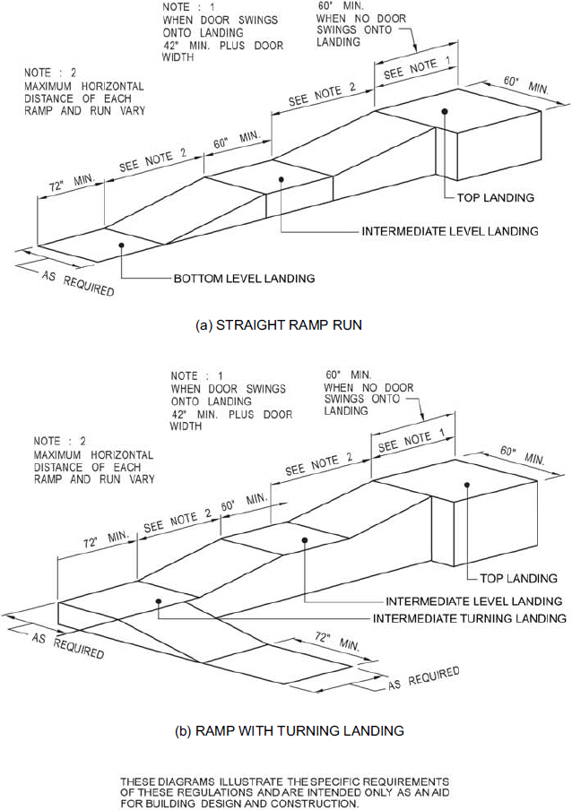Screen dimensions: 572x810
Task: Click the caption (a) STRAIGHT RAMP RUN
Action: [279, 325]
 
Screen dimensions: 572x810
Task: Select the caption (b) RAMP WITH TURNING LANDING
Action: [290, 731]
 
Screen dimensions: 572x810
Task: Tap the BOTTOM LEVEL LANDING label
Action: [244, 279]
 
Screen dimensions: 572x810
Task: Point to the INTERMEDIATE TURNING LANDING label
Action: [470, 618]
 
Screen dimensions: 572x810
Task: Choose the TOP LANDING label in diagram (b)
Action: [519, 578]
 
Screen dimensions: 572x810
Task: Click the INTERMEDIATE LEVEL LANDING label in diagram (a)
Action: [450, 231]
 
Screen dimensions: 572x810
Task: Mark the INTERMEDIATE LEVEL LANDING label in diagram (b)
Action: [473, 601]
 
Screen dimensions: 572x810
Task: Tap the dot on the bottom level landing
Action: [120, 246]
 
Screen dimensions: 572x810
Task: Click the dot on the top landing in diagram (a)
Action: [445, 111]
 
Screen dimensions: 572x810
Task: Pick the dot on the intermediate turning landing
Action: [159, 601]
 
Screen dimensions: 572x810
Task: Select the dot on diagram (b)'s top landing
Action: [467, 485]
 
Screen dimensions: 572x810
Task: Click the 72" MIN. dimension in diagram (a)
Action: [73, 183]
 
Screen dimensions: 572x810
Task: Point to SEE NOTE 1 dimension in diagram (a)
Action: [417, 68]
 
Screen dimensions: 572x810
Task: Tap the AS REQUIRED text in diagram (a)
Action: [78, 283]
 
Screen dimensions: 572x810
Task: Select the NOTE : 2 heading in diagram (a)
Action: [50, 73]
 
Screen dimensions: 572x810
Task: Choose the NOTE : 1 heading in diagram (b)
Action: [196, 376]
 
